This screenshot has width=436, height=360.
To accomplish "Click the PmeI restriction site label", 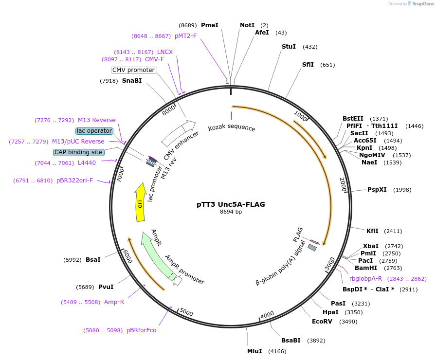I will coord(210,25).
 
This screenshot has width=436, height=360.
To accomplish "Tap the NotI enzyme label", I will coord(247,25).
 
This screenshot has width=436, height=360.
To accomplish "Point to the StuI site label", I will coord(289,47).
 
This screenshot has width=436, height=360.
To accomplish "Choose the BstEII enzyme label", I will coord(353,118).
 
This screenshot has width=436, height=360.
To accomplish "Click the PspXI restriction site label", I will coord(377,190).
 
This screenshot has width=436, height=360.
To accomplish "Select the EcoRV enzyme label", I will coord(322,322).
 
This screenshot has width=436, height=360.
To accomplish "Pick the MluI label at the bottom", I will coord(254,351).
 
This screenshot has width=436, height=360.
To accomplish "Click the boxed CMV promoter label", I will coord(133,70).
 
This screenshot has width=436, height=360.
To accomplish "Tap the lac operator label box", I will coord(94,131).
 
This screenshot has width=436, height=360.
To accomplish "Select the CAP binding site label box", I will coord(78,152).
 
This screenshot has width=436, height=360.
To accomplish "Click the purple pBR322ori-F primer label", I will coord(74,180).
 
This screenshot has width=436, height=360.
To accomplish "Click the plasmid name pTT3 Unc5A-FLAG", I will coord(231,204).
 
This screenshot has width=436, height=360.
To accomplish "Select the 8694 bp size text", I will coord(231,212).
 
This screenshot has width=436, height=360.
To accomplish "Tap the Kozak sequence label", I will coord(231,128).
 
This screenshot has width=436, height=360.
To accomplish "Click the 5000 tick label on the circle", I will coord(186,311).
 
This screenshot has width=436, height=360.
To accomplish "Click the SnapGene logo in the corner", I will coord(420,4).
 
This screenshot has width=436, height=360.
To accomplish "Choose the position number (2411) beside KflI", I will coord(393,231).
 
